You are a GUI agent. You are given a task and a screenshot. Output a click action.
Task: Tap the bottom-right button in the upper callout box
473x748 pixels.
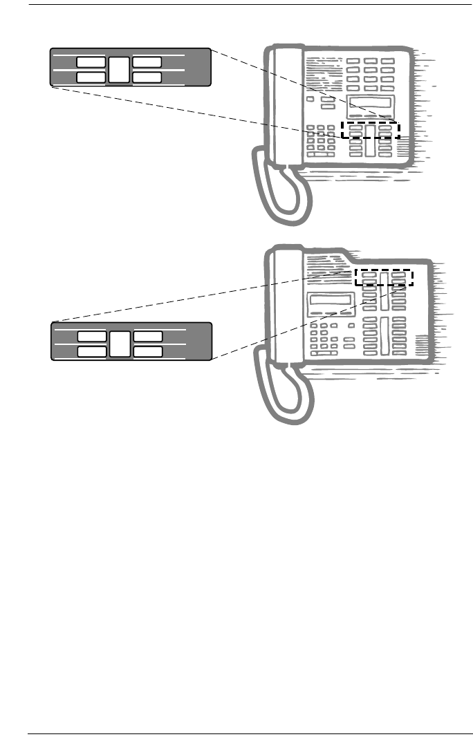click(x=147, y=77)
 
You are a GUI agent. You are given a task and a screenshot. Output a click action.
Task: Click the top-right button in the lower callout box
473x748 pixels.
click(x=148, y=336)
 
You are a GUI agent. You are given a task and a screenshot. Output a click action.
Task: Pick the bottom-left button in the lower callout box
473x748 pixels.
click(x=91, y=352)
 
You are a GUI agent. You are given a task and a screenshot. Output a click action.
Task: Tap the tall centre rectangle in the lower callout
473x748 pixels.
click(x=120, y=344)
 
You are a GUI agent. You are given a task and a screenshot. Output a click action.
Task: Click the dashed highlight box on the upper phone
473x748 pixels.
click(x=371, y=130)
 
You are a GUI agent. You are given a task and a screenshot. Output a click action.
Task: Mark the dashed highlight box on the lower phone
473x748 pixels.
click(x=383, y=277)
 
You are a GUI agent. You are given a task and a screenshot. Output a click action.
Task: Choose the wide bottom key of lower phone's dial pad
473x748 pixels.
click(x=323, y=353)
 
